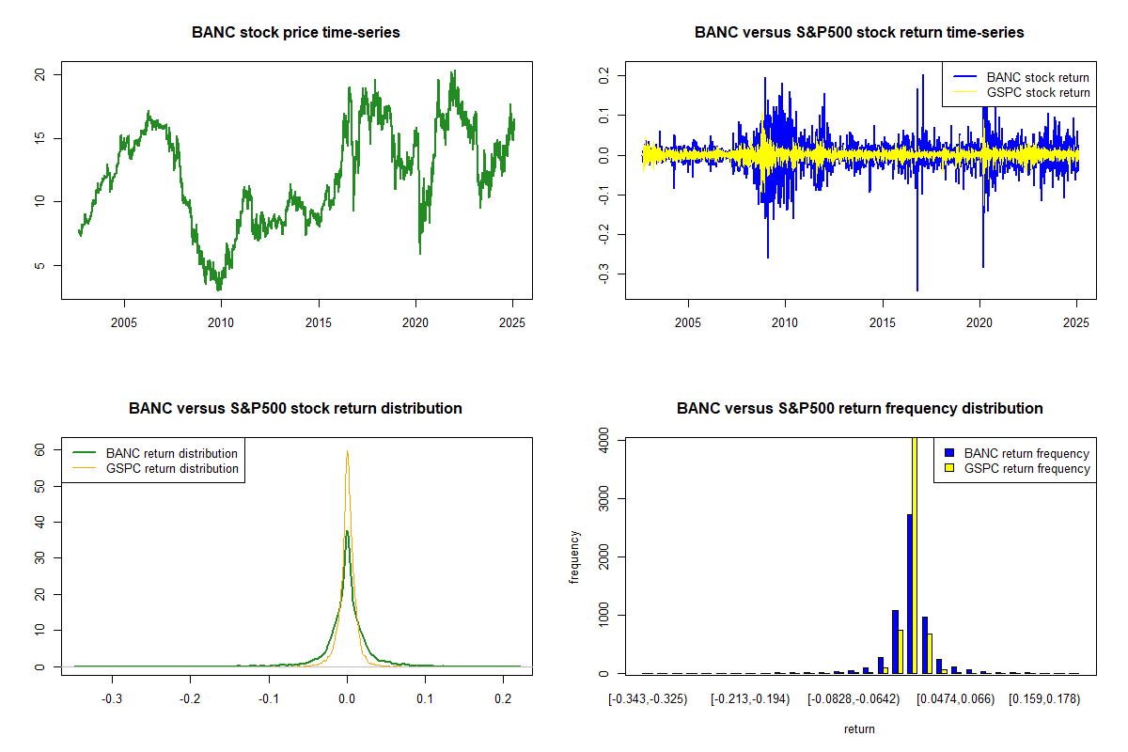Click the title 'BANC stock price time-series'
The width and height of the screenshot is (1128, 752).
(296, 33)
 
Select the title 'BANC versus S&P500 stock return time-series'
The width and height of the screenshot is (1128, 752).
(859, 33)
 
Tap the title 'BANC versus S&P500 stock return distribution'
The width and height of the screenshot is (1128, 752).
(296, 409)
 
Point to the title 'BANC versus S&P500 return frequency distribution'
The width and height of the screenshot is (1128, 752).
(859, 409)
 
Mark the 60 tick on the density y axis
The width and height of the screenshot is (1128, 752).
(41, 449)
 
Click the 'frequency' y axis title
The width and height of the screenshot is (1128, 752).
(575, 557)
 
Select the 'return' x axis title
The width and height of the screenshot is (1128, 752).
(859, 728)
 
